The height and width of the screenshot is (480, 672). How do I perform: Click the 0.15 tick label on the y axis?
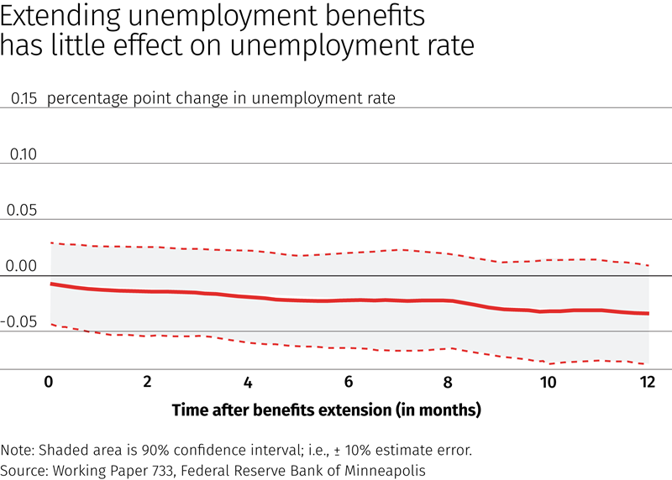(x=24, y=98)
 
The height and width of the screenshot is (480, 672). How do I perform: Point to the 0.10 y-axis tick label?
(x=24, y=154)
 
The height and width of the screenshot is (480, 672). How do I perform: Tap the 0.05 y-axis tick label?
(x=24, y=210)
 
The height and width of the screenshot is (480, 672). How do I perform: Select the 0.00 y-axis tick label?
(x=24, y=266)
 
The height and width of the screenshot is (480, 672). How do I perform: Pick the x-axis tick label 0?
(x=49, y=382)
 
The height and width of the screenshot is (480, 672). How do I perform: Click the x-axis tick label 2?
(x=148, y=382)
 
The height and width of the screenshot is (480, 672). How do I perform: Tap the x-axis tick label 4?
(x=248, y=382)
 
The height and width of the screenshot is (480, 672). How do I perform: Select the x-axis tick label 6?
(x=348, y=382)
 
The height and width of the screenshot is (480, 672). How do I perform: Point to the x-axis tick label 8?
(x=448, y=382)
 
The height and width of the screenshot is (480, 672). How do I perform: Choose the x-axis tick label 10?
(x=548, y=382)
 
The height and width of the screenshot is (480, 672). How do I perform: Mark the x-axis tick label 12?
(x=646, y=382)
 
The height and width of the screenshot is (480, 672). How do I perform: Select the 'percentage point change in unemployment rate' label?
(x=221, y=98)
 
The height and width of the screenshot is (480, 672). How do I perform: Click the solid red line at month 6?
(x=348, y=300)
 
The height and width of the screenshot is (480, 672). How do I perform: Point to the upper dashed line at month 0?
(x=50, y=243)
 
